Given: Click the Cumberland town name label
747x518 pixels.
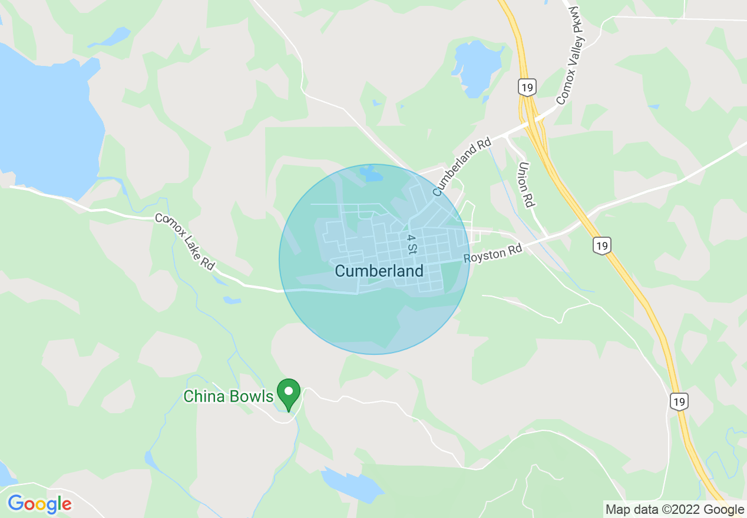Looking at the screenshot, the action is [379, 271].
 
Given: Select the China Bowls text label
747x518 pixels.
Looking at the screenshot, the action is [229, 396].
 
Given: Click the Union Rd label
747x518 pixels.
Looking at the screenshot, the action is [526, 185].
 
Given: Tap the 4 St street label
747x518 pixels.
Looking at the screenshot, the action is [411, 244].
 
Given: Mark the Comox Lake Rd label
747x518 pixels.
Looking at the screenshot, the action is [184, 241].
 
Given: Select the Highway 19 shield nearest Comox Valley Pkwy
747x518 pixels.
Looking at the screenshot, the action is [527, 87].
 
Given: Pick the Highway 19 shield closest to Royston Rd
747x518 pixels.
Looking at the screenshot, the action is [601, 245].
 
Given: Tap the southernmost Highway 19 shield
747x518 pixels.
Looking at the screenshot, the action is [679, 401].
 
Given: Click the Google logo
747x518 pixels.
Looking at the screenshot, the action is [39, 504].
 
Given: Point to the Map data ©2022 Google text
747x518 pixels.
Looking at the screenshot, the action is [675, 510].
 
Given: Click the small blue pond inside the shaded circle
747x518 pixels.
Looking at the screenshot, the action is [371, 174].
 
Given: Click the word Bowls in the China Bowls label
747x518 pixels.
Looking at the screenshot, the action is [251, 396].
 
